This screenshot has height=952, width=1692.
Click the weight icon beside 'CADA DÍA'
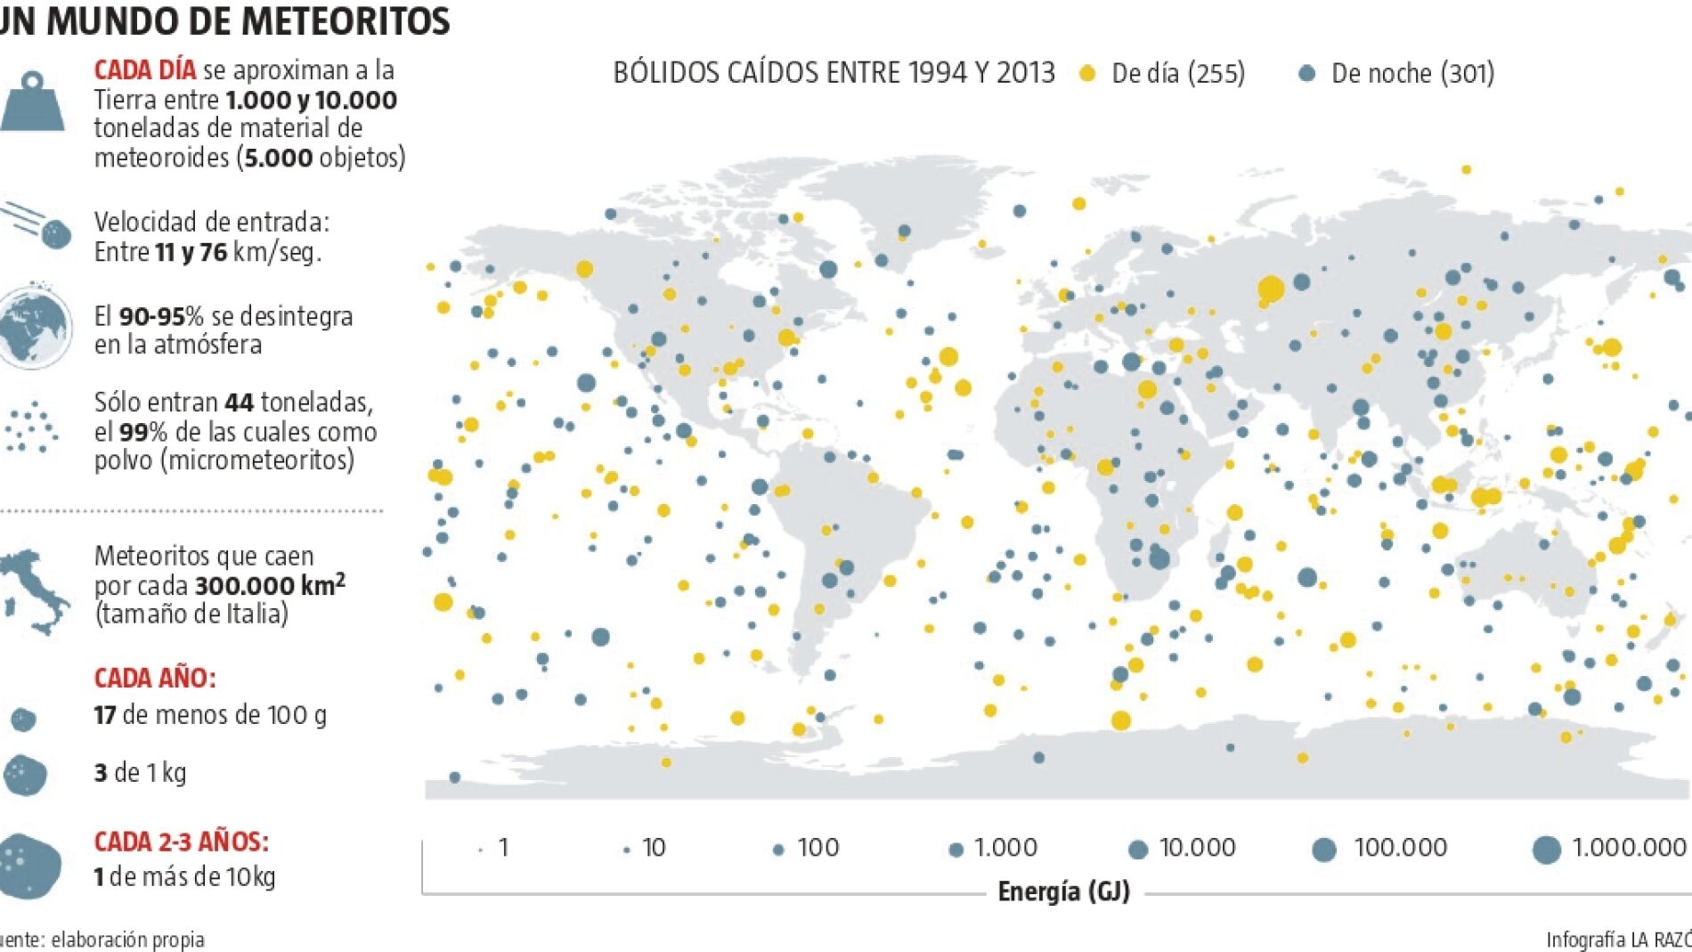click(x=32, y=102)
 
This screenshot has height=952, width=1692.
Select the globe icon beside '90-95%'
click(x=35, y=326)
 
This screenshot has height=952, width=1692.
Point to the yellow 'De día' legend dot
click(x=1086, y=74)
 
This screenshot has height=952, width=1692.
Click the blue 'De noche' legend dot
click(x=1306, y=74)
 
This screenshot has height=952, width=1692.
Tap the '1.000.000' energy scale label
click(x=1629, y=847)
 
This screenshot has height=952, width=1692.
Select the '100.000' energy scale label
click(x=1400, y=847)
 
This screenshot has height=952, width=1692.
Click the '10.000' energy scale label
click(x=1198, y=847)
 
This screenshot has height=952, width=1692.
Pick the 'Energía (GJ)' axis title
click(x=1063, y=891)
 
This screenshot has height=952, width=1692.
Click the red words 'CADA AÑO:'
click(x=155, y=679)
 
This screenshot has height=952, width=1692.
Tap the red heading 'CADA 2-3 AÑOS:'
click(x=181, y=842)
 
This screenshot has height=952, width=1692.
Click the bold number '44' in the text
click(x=240, y=403)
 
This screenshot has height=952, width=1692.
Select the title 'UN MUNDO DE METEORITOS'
click(x=224, y=20)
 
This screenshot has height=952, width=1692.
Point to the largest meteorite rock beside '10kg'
click(x=31, y=866)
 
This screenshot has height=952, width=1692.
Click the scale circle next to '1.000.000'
click(x=1547, y=850)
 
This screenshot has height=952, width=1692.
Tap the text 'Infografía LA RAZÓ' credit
click(x=1618, y=940)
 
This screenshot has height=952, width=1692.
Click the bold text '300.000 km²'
click(x=270, y=584)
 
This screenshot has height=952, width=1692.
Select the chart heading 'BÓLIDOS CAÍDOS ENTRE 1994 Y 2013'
click(x=834, y=73)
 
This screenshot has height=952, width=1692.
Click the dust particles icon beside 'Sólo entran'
click(x=32, y=427)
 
